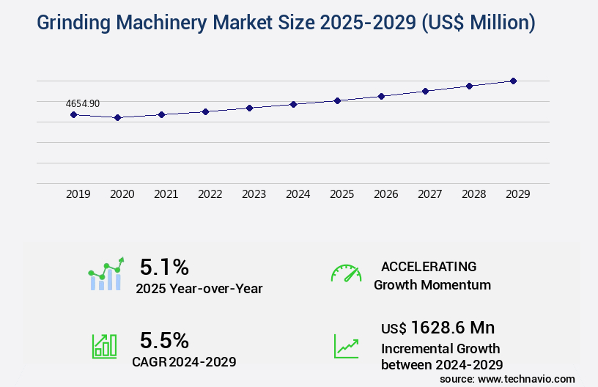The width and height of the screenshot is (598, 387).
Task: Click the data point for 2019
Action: [73, 114]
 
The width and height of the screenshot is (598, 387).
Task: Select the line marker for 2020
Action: [117, 117]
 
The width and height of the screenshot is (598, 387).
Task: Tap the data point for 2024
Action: [293, 104]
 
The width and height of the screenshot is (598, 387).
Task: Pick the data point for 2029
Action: [513, 81]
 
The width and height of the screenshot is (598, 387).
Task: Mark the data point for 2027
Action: [425, 91]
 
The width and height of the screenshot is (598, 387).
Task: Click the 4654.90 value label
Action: [82, 104]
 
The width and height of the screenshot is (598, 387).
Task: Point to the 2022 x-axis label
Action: [210, 194]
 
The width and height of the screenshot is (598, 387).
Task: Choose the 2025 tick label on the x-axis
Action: [342, 194]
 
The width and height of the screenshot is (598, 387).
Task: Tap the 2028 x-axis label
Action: [473, 194]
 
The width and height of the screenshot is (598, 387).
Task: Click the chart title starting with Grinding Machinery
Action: [286, 23]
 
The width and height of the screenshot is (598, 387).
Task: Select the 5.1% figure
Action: [164, 266]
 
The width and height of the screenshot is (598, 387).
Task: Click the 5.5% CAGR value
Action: [164, 340]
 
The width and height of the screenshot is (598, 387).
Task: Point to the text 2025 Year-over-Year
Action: [199, 289]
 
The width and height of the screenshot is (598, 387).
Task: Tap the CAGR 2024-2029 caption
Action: [184, 361]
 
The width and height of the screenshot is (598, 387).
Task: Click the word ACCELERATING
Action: [429, 266]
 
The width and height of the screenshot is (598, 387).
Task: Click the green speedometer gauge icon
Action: [346, 273]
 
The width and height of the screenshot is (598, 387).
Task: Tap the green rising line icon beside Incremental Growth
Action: [346, 346]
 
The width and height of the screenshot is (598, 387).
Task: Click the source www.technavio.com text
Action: [507, 378]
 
